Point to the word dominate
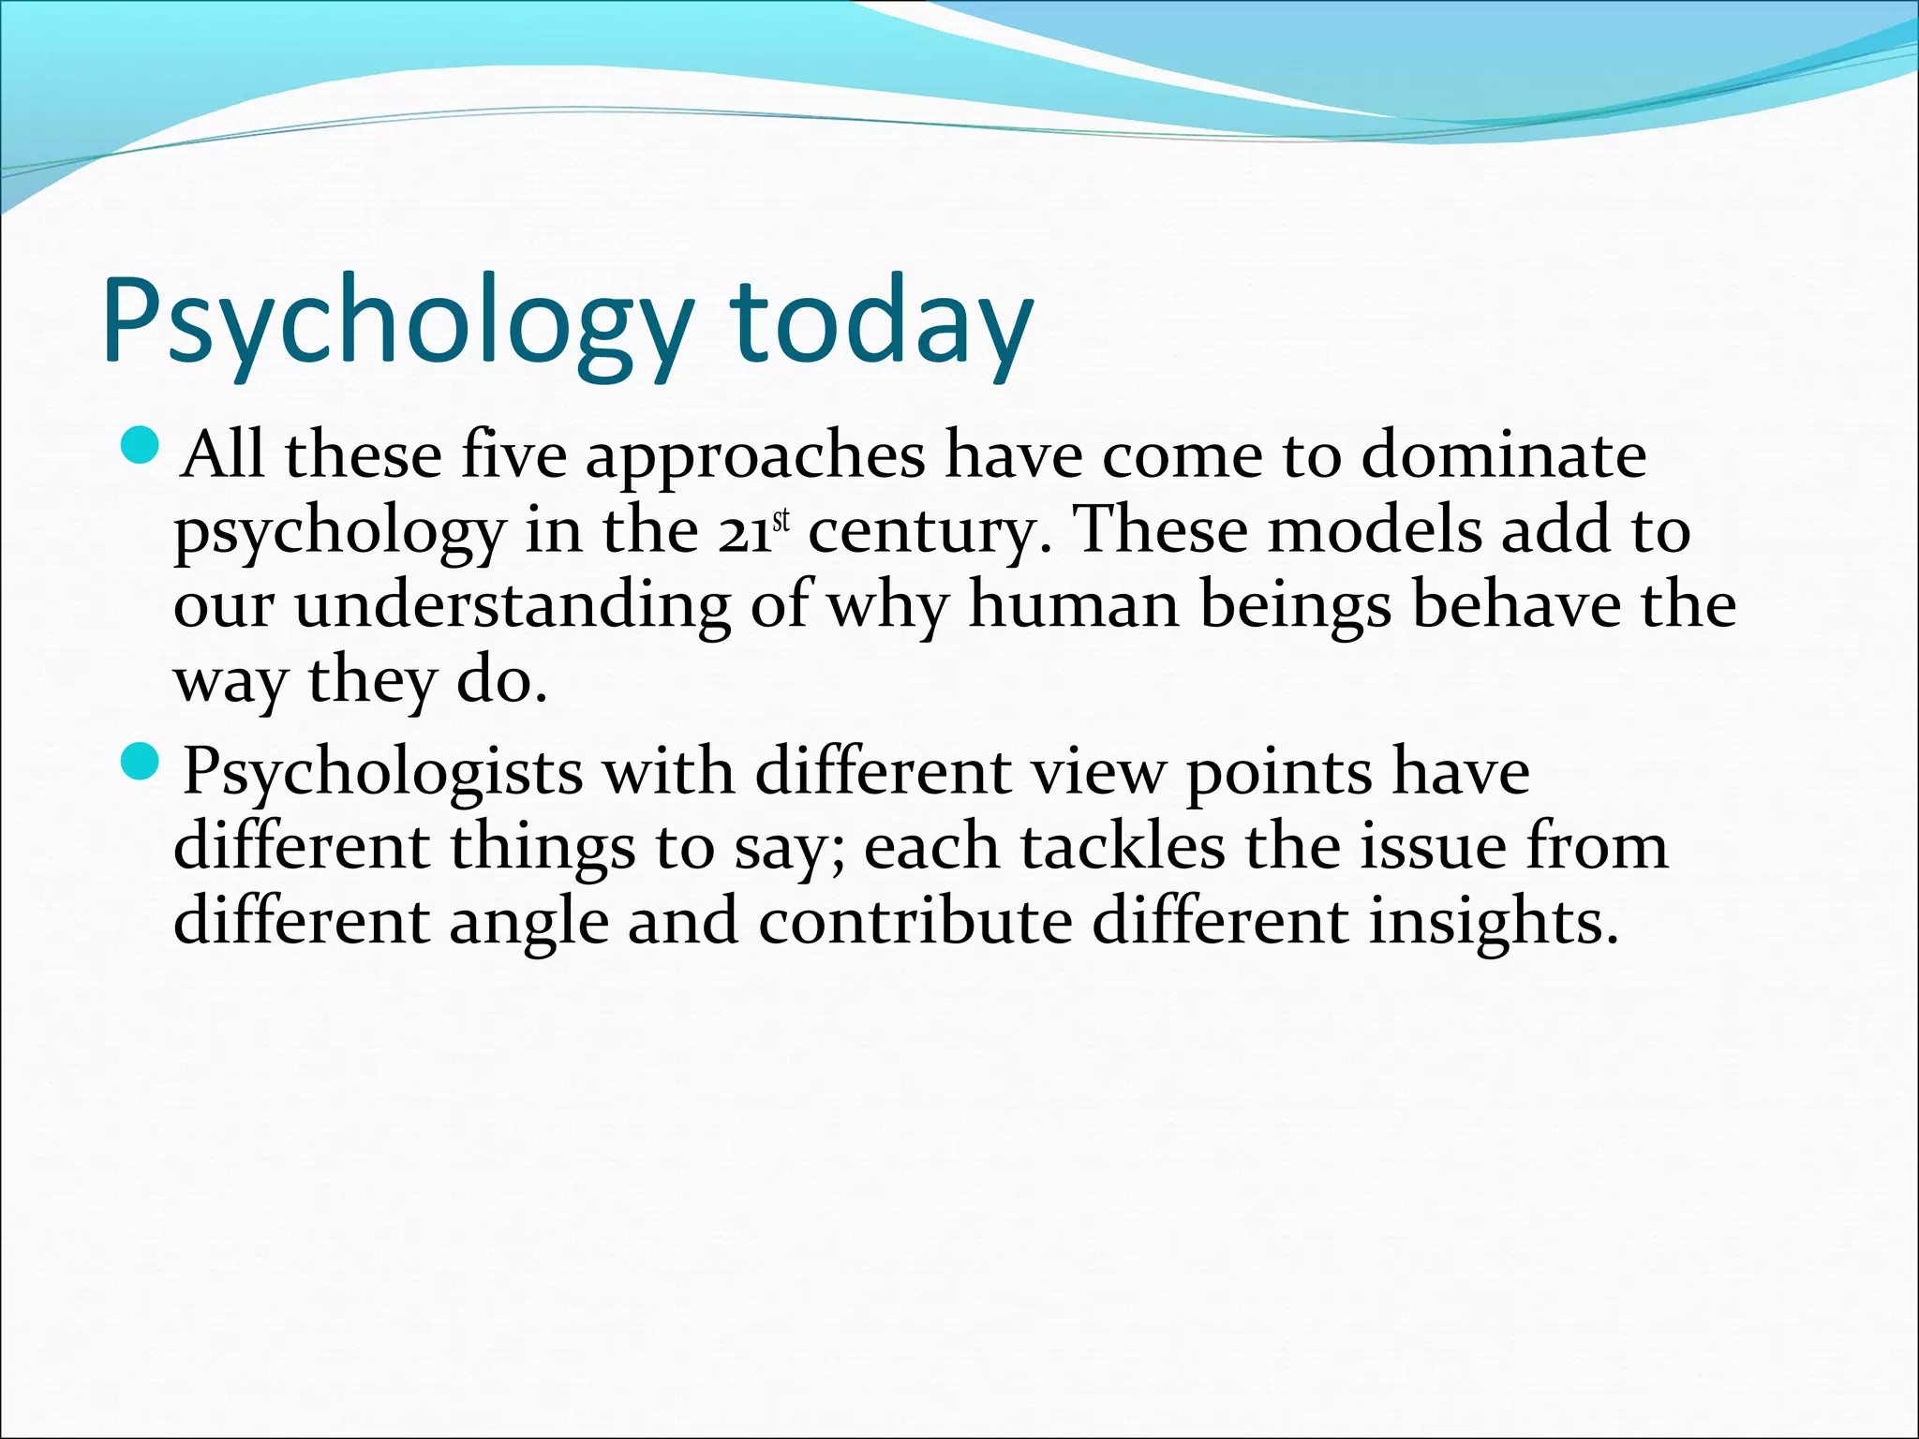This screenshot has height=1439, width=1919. (x=1503, y=455)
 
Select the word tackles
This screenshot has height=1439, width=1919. (x=1122, y=848)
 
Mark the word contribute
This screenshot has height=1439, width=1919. (x=915, y=922)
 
